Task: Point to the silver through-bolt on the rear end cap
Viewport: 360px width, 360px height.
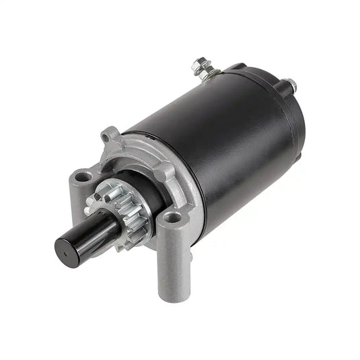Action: pos(293,85)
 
